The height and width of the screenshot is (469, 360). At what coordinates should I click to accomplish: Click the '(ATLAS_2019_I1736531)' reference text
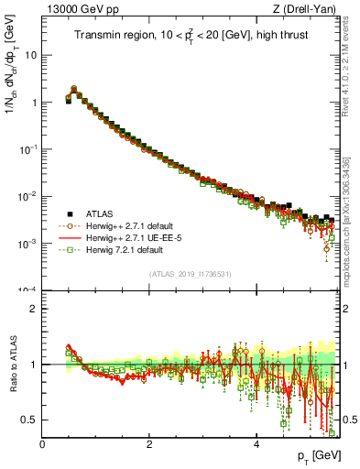coord(191,274)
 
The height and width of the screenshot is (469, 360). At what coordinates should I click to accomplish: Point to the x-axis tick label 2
coord(149,443)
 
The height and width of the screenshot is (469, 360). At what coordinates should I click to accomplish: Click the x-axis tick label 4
coord(256,443)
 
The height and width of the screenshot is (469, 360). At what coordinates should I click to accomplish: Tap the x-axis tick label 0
coord(42,443)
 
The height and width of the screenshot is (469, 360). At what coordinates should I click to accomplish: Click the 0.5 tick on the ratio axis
coord(29,420)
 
